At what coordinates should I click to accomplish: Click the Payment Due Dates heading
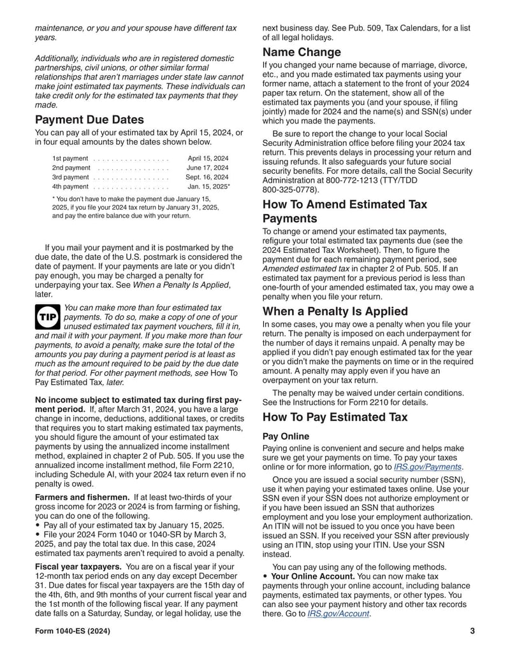click(x=89, y=120)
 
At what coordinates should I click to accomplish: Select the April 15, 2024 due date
click(x=208, y=158)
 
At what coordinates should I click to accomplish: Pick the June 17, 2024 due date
click(x=208, y=167)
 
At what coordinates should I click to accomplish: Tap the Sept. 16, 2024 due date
click(x=207, y=177)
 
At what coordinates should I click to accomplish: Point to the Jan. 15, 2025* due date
click(x=208, y=187)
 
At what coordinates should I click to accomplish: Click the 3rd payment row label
click(x=70, y=177)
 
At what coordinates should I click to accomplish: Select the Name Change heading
click(x=302, y=52)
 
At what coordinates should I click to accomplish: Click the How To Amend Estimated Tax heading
click(x=345, y=204)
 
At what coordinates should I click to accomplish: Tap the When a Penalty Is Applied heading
click(x=335, y=311)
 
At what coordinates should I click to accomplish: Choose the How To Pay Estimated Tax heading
click(x=335, y=418)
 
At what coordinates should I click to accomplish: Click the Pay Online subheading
click(x=286, y=437)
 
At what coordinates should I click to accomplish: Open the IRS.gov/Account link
click(x=338, y=614)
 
